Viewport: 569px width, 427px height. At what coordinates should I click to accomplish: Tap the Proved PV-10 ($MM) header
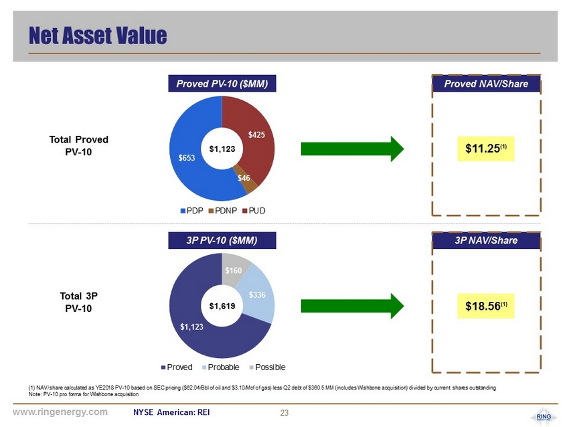click(222, 84)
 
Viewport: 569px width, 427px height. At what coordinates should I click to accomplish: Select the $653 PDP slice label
click(187, 158)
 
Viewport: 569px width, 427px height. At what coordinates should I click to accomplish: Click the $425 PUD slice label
click(257, 135)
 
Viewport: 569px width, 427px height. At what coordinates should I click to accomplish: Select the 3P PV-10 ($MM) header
click(222, 240)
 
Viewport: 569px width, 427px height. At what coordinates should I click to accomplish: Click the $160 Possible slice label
click(234, 270)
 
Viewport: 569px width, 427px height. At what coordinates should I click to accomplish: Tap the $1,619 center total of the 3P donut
click(222, 306)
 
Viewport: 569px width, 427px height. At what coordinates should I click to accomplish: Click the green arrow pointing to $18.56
click(353, 305)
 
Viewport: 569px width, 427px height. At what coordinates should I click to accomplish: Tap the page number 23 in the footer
click(284, 412)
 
